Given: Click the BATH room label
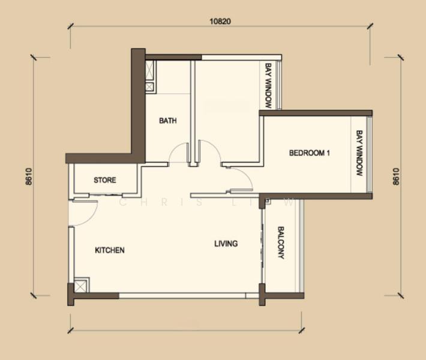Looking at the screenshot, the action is coord(167,121).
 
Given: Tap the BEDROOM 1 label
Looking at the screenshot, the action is coord(310,153).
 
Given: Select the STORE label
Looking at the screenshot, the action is coord(105,180).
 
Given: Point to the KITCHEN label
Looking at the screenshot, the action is coord(110,250).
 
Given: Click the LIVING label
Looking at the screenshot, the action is coord(226,244).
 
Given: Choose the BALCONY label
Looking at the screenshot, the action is coord(281,242).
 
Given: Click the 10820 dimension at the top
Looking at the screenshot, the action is coord(220,21).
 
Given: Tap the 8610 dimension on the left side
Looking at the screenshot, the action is coord(29,176).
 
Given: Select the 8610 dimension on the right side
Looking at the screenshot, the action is coord(396,176).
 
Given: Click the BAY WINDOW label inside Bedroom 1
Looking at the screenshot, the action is coord(360,153).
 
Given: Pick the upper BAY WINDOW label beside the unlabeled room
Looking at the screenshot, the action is coord(268,86).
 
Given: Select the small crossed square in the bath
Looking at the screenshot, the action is coord(149,87).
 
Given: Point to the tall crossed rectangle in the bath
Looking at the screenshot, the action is coord(149,70).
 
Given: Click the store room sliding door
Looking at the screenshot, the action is coord(106,194).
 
